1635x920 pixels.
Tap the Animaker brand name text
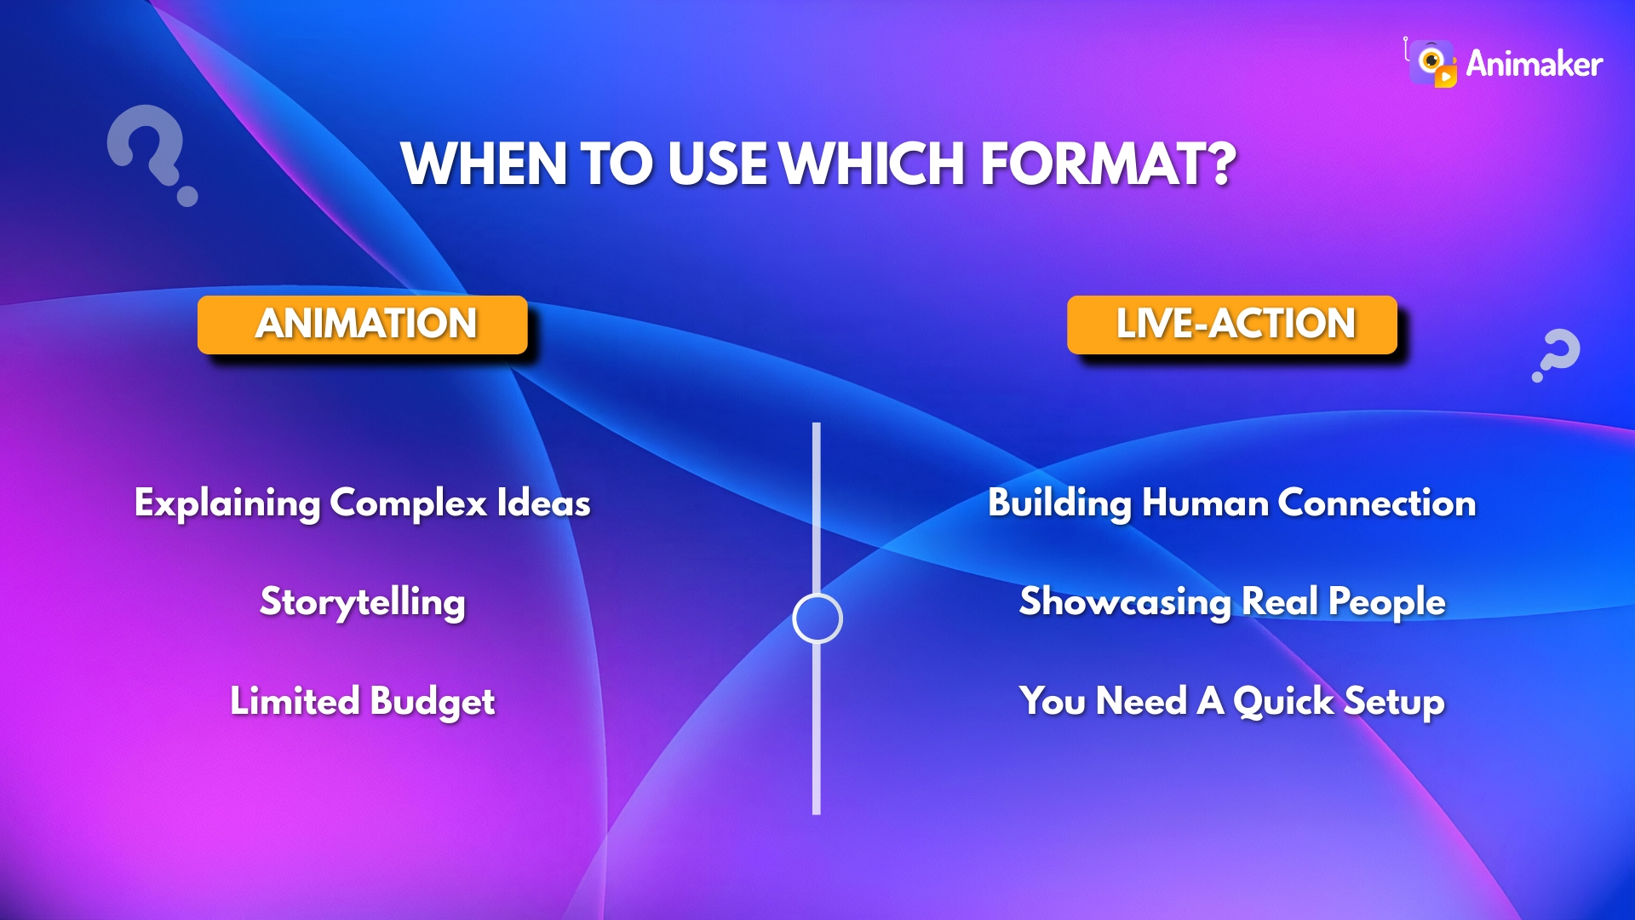click(1535, 64)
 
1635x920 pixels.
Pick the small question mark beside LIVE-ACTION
click(1557, 354)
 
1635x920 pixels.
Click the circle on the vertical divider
click(817, 618)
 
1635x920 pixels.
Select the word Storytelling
click(363, 602)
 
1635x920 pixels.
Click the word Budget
click(433, 702)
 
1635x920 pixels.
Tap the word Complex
click(409, 503)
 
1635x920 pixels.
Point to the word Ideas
click(544, 503)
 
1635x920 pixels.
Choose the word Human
click(1205, 503)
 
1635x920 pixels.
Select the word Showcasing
click(1125, 602)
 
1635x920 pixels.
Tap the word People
click(1387, 602)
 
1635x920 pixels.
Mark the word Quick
click(1283, 702)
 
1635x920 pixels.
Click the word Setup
click(1394, 702)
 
